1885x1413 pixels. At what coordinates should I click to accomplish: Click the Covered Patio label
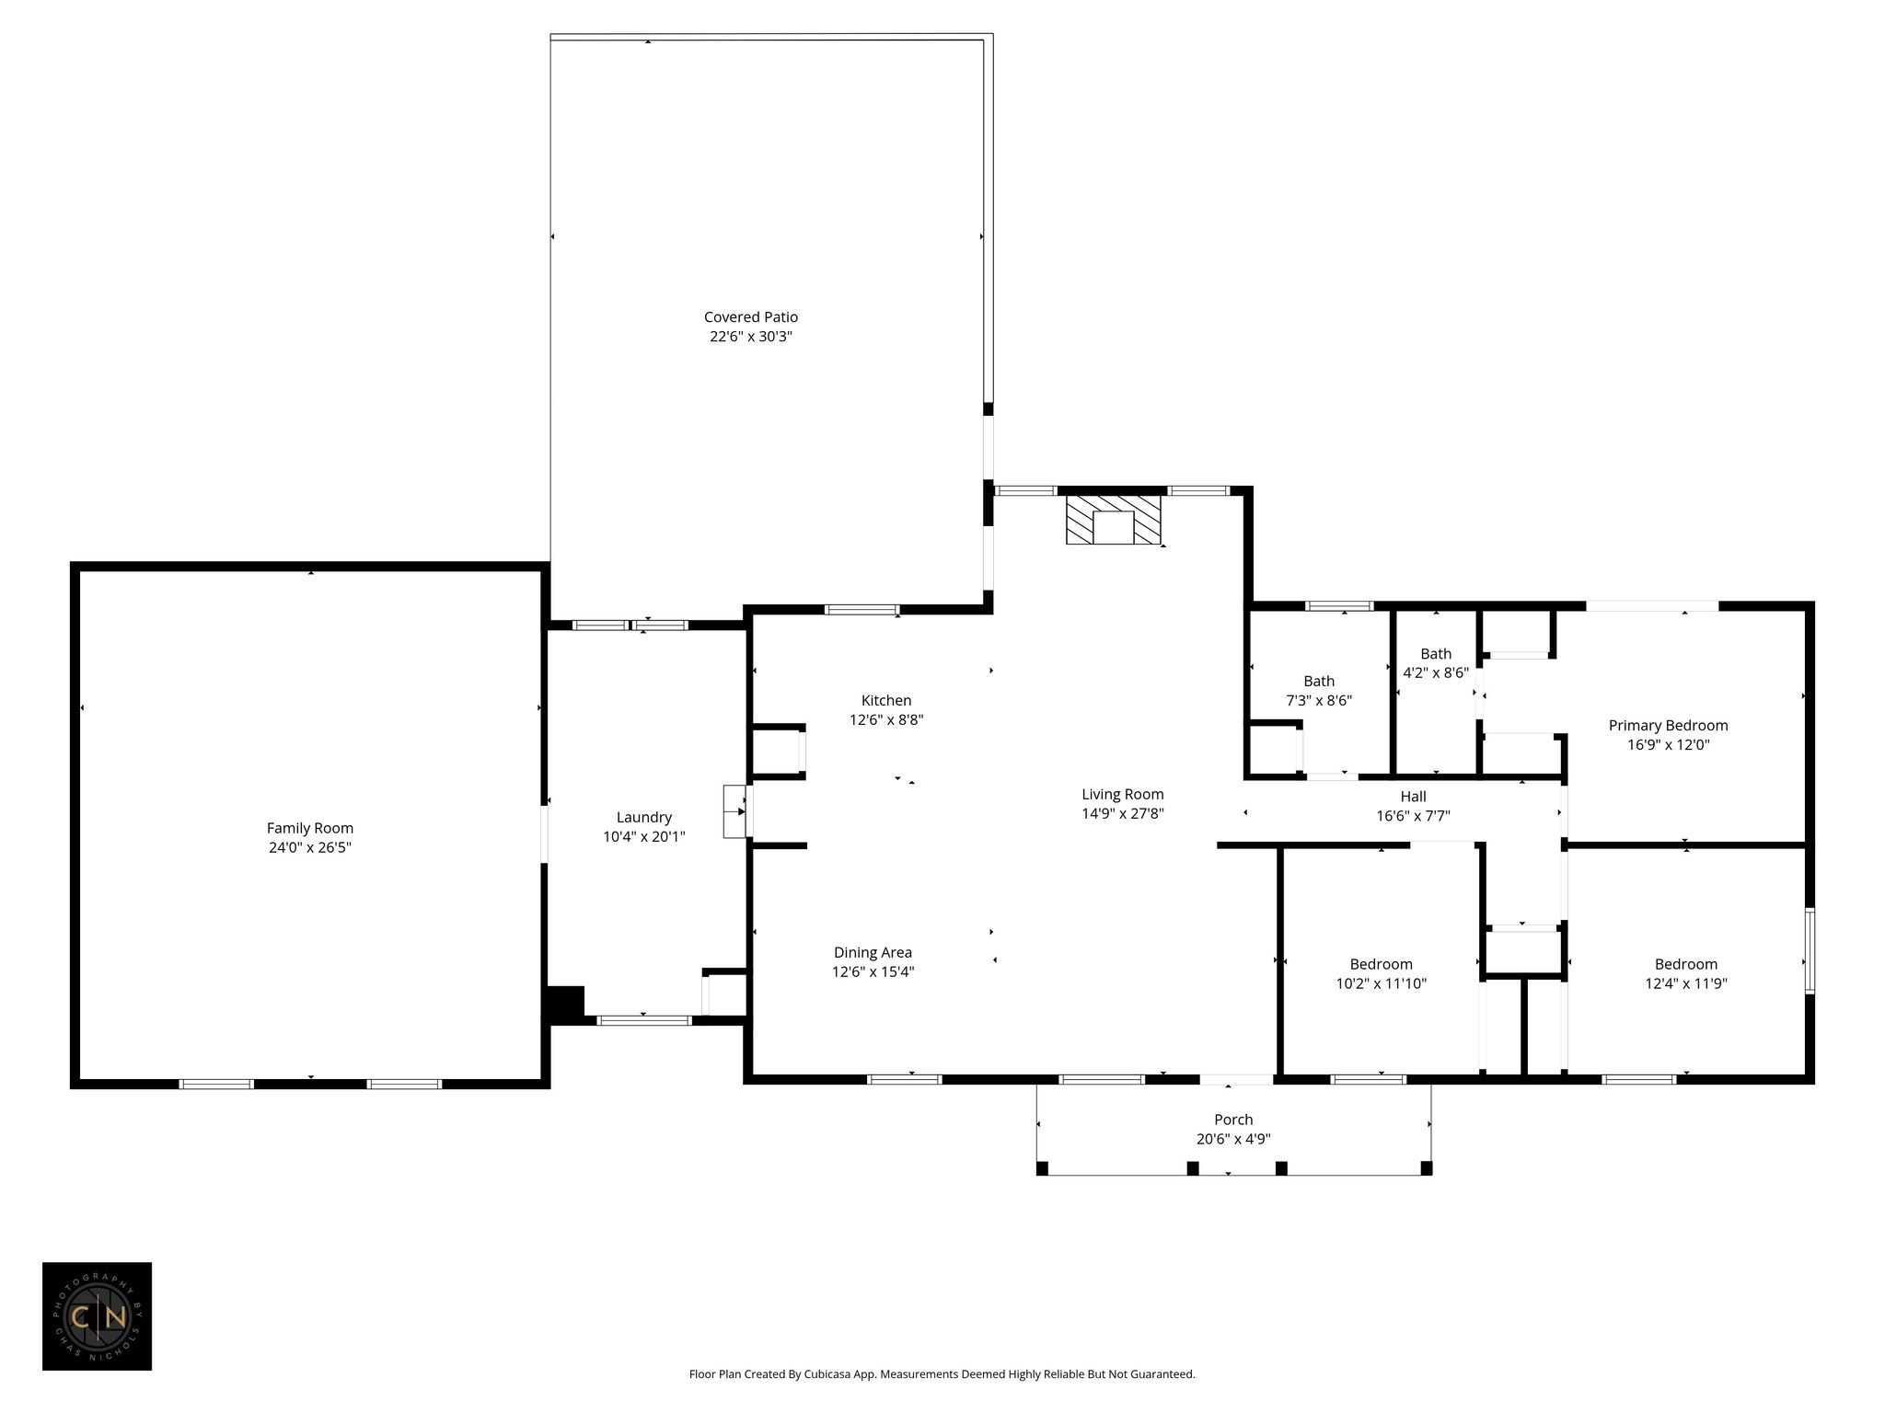click(x=751, y=317)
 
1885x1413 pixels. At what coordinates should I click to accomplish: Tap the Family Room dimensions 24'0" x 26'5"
click(x=310, y=847)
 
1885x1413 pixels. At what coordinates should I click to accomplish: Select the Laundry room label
click(x=644, y=818)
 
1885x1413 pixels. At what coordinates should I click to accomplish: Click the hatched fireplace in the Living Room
click(x=1114, y=520)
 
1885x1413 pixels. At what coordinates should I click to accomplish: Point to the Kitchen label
click(x=886, y=701)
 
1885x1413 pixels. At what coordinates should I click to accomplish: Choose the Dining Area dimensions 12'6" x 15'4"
click(x=873, y=971)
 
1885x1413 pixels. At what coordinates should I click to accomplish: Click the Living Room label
click(x=1123, y=794)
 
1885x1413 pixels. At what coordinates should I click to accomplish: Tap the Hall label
click(x=1414, y=797)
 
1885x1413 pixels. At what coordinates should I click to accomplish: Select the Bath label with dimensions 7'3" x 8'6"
click(x=1319, y=682)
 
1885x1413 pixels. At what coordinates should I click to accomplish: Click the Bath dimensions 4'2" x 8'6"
click(x=1436, y=672)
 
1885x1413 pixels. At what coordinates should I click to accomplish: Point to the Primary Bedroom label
click(x=1669, y=726)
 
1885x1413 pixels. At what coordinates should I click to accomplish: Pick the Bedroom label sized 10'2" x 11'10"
click(x=1382, y=964)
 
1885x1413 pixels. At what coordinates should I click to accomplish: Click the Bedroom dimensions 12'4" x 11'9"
click(x=1686, y=983)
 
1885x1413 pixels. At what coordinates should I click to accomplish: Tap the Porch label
click(x=1233, y=1120)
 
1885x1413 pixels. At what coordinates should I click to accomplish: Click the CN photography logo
click(x=97, y=1316)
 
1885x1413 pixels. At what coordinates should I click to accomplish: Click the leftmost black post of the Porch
click(x=1042, y=1169)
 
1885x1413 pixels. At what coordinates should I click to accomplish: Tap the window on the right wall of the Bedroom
click(x=1810, y=951)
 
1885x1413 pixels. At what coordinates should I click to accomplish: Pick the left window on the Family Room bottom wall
click(x=216, y=1084)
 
